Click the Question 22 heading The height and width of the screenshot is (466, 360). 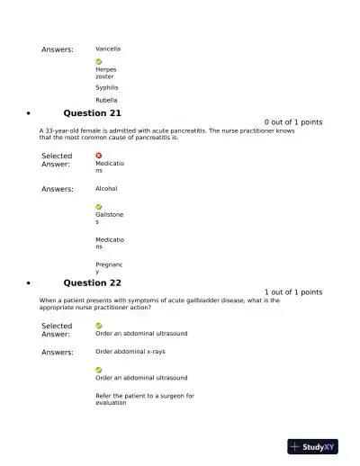tap(92, 282)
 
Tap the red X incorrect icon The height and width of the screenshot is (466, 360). tap(99, 156)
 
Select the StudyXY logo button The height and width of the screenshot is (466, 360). tap(312, 446)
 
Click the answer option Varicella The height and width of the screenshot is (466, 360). tap(108, 49)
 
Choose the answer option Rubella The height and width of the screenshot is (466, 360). tap(106, 101)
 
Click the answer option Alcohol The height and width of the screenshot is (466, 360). tap(106, 189)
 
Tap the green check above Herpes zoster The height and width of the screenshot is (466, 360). tap(99, 61)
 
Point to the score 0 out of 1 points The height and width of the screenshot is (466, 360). tap(293, 122)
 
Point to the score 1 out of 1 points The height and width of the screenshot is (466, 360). tap(293, 292)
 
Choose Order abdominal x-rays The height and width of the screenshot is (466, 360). tap(130, 352)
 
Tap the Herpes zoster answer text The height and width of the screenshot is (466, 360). tap(105, 73)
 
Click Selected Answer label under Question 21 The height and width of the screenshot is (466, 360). tap(57, 160)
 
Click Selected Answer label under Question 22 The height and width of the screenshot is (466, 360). tap(57, 330)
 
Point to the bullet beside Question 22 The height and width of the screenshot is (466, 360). tap(30, 284)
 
